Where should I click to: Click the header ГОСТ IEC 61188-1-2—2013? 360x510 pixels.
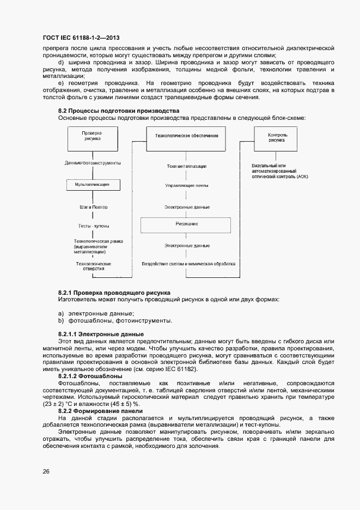81,38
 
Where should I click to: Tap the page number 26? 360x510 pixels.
46,471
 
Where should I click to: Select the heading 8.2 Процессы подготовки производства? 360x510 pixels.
119,111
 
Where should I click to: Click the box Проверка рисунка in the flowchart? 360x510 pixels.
93,136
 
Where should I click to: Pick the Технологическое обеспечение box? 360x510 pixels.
187,135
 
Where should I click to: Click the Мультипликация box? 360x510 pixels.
93,185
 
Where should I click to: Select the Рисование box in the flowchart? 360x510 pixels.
187,224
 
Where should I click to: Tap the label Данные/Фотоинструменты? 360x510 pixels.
93,163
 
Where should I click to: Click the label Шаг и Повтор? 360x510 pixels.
93,207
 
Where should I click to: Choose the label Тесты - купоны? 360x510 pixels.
93,226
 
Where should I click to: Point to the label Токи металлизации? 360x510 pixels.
187,166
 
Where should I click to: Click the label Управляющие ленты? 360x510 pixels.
187,186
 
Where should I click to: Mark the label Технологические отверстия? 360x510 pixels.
93,265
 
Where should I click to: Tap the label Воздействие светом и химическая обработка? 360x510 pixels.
188,264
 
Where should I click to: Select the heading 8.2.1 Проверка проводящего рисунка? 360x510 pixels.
114,293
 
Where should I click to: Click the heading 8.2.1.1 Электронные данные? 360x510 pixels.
101,333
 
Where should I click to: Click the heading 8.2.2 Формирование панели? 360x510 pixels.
100,411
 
